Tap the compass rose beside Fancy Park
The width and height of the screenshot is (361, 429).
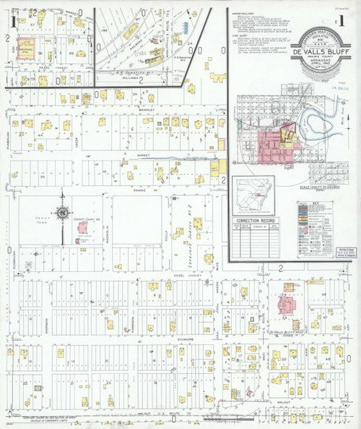[62, 218]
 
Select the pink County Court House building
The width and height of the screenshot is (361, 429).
[84, 227]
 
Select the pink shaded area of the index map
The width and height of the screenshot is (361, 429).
[271, 145]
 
